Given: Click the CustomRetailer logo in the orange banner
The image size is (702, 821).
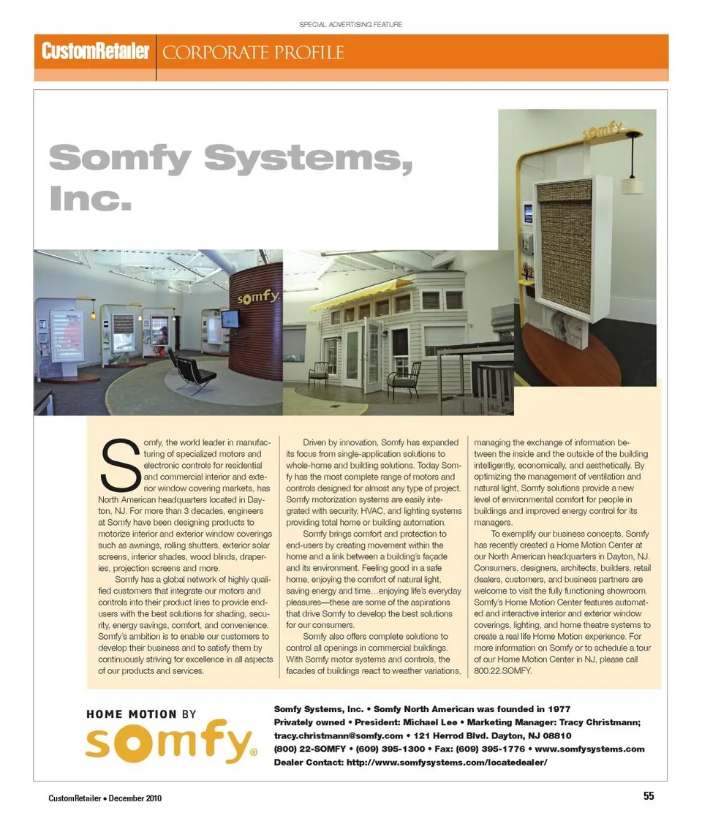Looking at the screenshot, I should click(95, 52).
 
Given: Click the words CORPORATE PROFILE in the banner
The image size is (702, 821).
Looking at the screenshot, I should click(253, 53).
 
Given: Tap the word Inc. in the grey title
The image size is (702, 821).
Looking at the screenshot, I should click(91, 197).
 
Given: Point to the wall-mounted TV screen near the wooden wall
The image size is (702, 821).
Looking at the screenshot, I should click(230, 319).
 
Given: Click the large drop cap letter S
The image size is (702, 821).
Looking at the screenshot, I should click(122, 465).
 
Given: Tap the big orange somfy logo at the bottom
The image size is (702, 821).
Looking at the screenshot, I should click(170, 743).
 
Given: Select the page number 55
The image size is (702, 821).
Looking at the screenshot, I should click(649, 797).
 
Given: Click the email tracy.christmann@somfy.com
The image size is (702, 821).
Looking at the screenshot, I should click(338, 735).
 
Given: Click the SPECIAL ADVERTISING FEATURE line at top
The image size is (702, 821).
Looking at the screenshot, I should click(350, 24).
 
